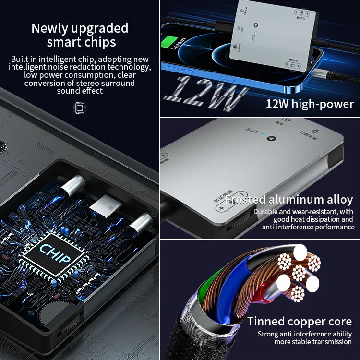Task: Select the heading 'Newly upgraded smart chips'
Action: point(80,35)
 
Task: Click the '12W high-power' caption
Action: point(310,104)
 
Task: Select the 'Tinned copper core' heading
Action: point(300,321)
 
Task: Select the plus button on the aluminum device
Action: point(222,208)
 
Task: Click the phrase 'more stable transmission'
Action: point(313,342)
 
